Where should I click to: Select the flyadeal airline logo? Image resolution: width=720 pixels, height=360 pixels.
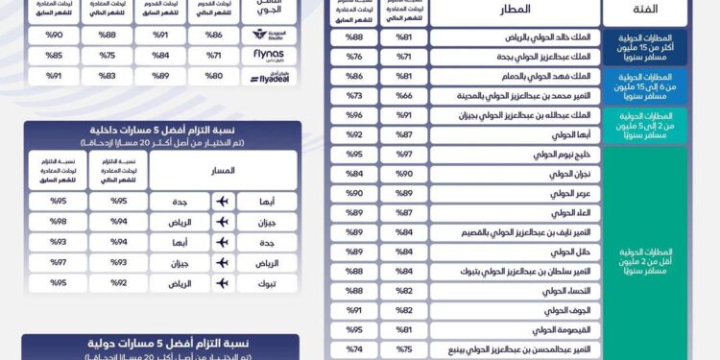pos(269,76)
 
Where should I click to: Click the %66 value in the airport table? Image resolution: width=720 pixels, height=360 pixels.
pos(404,96)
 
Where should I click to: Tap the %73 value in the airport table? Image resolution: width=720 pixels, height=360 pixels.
pos(353,96)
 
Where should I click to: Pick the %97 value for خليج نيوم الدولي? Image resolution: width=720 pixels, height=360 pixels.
pos(404,155)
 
